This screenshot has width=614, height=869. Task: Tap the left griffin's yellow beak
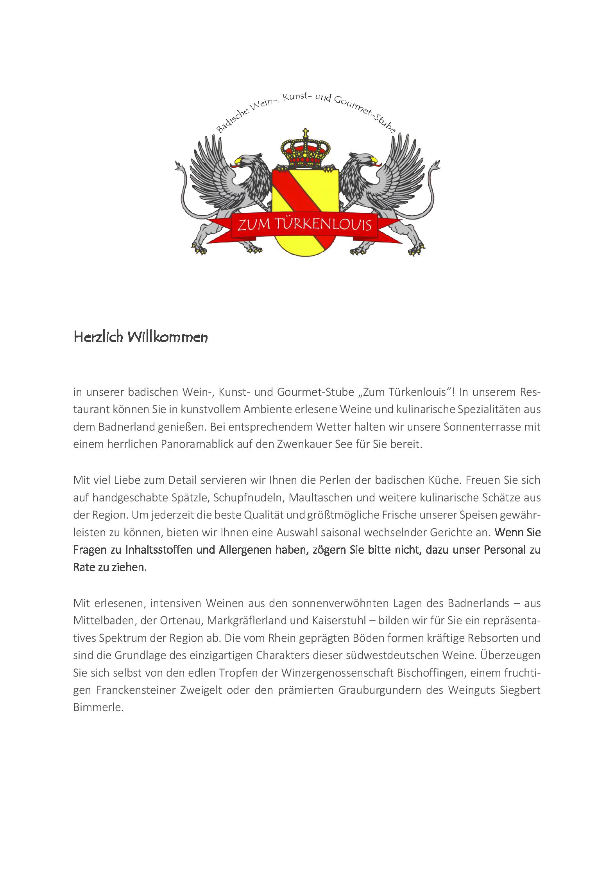(x=236, y=160)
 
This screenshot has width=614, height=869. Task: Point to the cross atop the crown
(x=306, y=132)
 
